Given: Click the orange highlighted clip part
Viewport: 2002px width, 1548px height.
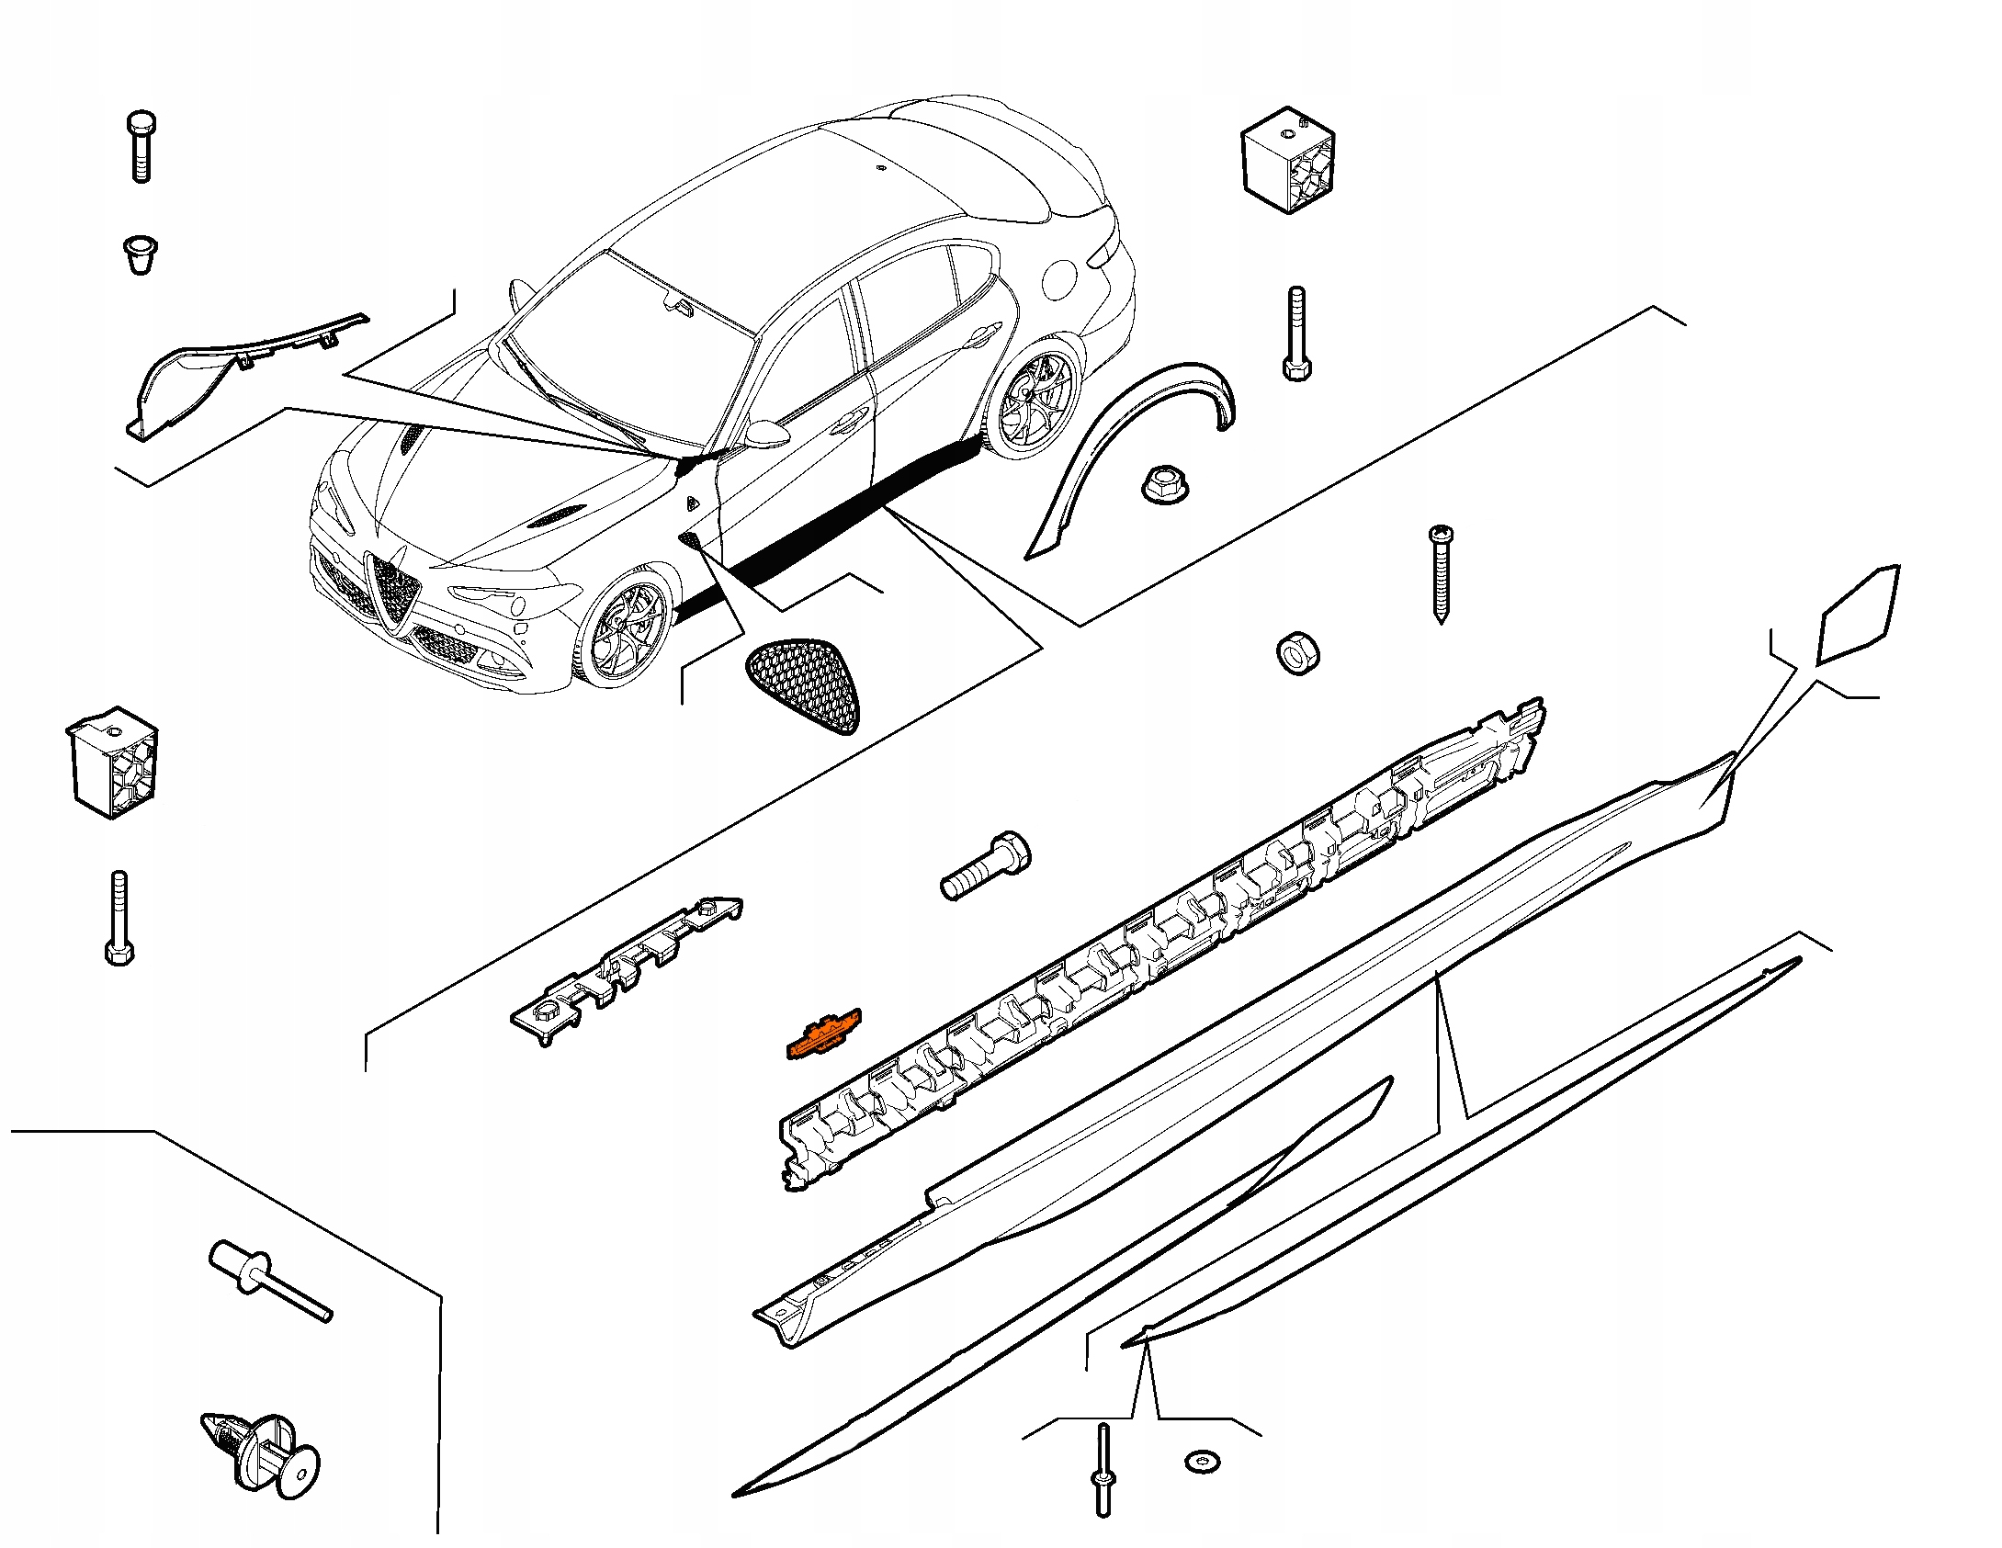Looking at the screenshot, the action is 824,1035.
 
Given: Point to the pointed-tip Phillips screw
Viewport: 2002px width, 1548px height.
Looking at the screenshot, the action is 1440,573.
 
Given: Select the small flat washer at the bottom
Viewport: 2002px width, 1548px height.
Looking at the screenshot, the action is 1203,1461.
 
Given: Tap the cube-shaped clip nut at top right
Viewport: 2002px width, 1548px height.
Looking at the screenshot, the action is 1288,160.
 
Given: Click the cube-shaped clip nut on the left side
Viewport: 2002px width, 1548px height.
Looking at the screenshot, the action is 113,762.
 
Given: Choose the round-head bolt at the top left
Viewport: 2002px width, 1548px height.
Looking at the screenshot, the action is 141,147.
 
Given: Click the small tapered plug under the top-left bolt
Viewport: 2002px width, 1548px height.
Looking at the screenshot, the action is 140,254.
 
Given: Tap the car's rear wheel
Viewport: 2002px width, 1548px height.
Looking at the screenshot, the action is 1036,404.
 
